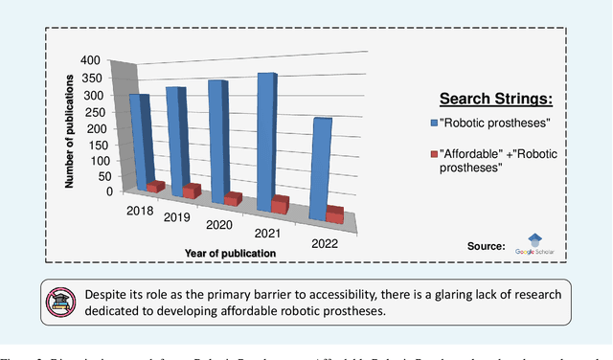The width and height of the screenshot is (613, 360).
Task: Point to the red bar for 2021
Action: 280,204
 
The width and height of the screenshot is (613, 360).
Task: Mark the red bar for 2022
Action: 334,214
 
